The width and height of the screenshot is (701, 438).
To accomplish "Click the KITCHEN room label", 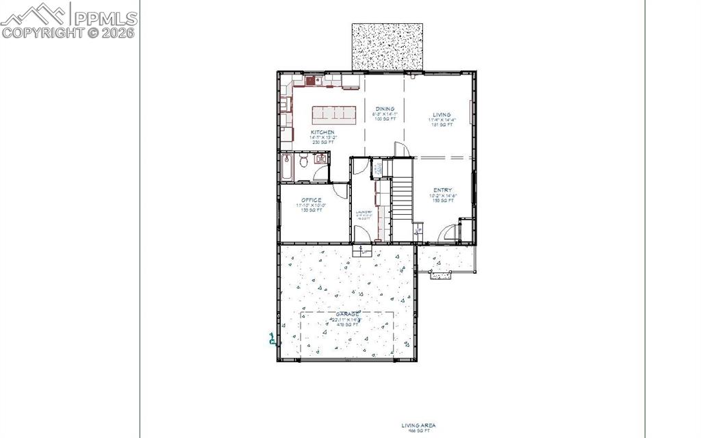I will [x=322, y=132].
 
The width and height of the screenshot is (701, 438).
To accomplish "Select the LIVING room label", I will [x=442, y=115].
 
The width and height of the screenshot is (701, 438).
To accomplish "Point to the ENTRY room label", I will [x=443, y=190].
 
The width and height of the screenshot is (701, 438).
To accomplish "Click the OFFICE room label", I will [x=311, y=201].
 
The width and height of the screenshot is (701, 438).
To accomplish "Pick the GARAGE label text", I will [x=346, y=314].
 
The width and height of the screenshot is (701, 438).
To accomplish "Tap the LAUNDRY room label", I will [x=364, y=212].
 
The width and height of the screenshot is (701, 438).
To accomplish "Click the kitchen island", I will [x=335, y=114].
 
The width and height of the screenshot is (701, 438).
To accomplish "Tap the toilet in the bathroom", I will [x=304, y=162].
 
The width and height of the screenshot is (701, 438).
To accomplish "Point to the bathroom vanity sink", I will [x=320, y=159].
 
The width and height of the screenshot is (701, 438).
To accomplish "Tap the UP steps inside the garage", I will [x=361, y=250].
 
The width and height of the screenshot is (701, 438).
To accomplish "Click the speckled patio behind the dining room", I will [x=387, y=47].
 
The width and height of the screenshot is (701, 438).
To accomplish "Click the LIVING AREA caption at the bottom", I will [x=418, y=425].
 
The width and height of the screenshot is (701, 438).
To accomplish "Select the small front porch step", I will [x=440, y=275].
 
